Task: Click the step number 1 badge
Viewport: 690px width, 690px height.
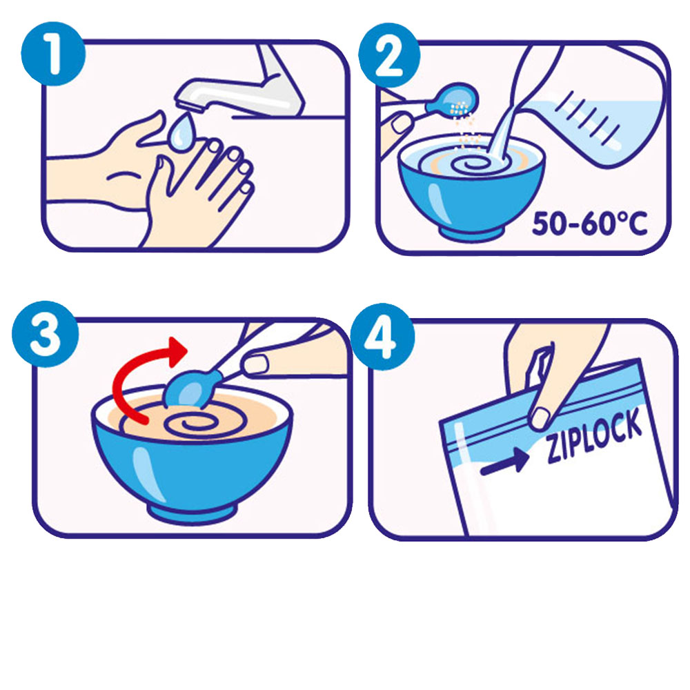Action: coord(53,54)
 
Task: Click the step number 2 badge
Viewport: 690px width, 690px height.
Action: coord(389,55)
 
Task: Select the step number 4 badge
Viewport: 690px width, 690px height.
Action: coord(382,336)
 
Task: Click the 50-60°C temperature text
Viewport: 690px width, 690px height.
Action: coord(590,223)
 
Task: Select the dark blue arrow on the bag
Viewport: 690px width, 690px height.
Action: coord(504,462)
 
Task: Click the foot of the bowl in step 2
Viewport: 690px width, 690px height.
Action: coord(471,233)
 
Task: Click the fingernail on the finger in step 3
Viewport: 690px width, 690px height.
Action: coord(255,364)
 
